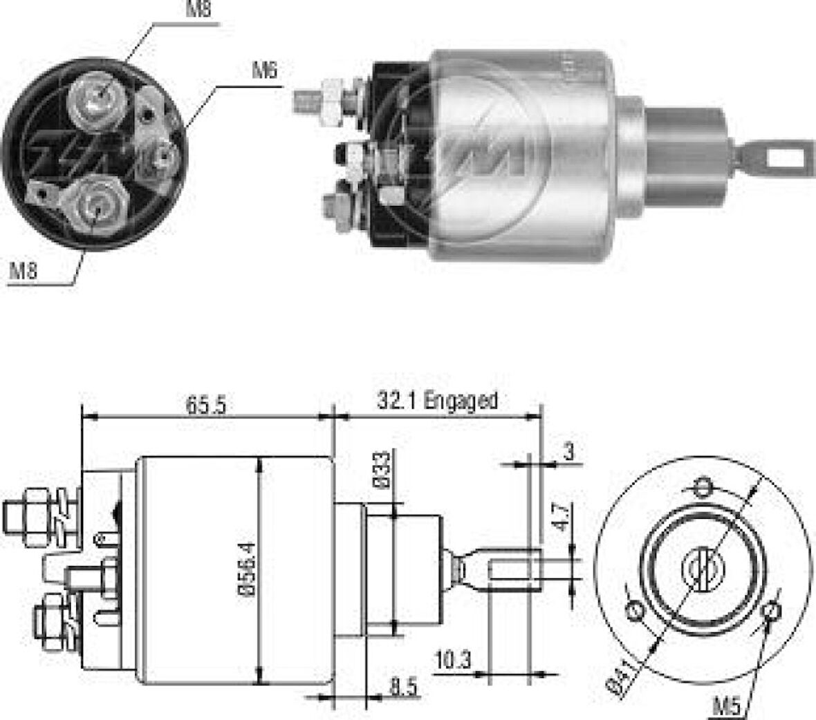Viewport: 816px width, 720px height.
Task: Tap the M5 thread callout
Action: [x=728, y=706]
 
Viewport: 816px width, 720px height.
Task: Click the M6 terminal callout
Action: [x=263, y=70]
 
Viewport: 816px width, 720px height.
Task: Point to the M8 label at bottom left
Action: [x=23, y=272]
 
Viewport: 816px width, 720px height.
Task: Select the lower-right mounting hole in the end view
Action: [x=772, y=612]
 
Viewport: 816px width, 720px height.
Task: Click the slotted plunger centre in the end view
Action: [x=703, y=571]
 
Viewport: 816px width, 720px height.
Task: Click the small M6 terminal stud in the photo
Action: [x=163, y=158]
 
